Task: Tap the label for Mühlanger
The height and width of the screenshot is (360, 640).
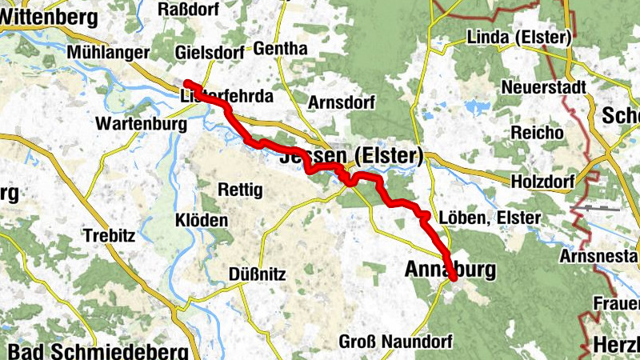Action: pyautogui.click(x=109, y=52)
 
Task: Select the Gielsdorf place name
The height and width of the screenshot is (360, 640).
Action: pyautogui.click(x=208, y=52)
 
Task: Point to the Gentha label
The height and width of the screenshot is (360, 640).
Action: pyautogui.click(x=279, y=49)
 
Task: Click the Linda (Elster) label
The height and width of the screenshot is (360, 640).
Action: pyautogui.click(x=518, y=38)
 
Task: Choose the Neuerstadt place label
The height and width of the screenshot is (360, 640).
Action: pyautogui.click(x=544, y=86)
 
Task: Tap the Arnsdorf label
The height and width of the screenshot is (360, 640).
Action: pyautogui.click(x=342, y=103)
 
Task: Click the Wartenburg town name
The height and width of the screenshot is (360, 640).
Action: pyautogui.click(x=140, y=125)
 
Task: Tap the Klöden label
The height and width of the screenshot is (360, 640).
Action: pyautogui.click(x=202, y=220)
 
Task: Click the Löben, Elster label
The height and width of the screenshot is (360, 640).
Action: pyautogui.click(x=490, y=218)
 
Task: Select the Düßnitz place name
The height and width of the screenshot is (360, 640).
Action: pyautogui.click(x=257, y=274)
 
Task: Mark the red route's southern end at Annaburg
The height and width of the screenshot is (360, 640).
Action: pyautogui.click(x=453, y=278)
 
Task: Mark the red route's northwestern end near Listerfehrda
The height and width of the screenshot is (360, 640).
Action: pyautogui.click(x=186, y=82)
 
